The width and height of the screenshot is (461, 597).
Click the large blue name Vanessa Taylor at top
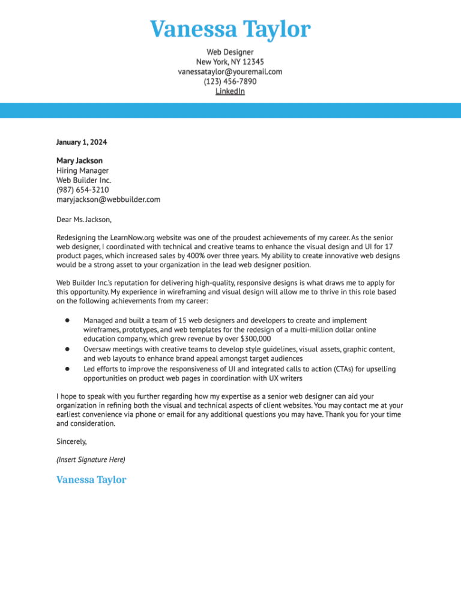pyautogui.click(x=230, y=29)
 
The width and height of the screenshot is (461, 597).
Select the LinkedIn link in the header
pyautogui.click(x=230, y=91)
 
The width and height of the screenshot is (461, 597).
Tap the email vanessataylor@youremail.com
pyautogui.click(x=230, y=71)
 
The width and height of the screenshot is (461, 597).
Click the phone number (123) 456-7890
pyautogui.click(x=230, y=81)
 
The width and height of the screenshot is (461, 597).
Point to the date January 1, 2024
pyautogui.click(x=82, y=142)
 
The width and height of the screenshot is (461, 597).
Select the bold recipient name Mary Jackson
pyautogui.click(x=79, y=161)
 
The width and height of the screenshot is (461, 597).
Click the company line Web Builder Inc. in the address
pyautogui.click(x=83, y=180)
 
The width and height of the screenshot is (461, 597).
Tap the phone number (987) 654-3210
pyautogui.click(x=82, y=190)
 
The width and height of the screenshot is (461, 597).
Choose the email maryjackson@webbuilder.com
pyautogui.click(x=108, y=199)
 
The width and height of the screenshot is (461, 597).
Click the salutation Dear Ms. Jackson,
pyautogui.click(x=84, y=219)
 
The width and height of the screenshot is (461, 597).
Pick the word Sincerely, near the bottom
pyautogui.click(x=71, y=441)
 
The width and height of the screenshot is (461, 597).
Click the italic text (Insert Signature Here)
pyautogui.click(x=91, y=459)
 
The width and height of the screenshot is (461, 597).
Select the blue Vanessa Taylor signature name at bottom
pyautogui.click(x=91, y=480)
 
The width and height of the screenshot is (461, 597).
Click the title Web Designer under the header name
pyautogui.click(x=230, y=52)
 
